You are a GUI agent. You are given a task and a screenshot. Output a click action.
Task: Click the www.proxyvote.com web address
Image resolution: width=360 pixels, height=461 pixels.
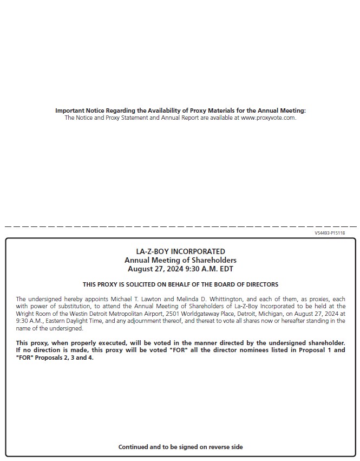268,118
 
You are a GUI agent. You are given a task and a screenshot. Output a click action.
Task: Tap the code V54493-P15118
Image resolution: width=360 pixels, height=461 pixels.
330,233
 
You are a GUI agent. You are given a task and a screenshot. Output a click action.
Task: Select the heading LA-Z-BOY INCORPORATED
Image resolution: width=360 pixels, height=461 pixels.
180,251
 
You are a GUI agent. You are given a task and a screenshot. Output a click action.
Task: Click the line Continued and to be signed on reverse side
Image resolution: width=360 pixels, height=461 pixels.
180,447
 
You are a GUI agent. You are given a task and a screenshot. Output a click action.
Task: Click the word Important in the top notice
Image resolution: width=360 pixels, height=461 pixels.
69,111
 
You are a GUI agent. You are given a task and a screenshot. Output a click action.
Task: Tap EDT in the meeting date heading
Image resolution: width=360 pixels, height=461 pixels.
226,269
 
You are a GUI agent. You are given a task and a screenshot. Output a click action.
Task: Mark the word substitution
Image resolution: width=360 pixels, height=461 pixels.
72,307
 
